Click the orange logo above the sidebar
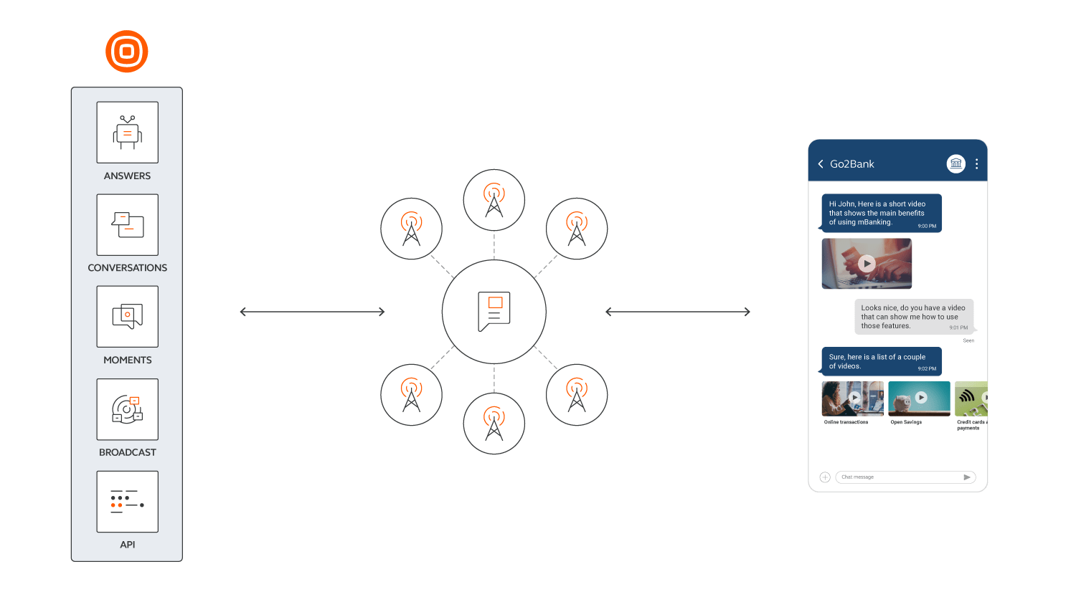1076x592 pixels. click(127, 52)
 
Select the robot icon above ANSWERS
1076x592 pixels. click(128, 133)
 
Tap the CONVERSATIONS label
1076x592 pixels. click(128, 268)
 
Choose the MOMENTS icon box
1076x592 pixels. click(128, 317)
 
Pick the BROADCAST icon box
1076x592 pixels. click(128, 409)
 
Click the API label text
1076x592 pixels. click(128, 545)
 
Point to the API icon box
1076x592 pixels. click(128, 502)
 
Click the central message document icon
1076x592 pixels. click(494, 312)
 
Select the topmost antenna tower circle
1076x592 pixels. click(494, 200)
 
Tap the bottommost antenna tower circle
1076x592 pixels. click(494, 424)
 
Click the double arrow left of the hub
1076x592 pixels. click(312, 312)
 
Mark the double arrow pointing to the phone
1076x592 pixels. click(678, 312)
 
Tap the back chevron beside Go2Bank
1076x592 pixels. click(821, 164)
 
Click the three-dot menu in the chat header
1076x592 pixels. click(976, 164)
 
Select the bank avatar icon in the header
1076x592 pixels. click(955, 164)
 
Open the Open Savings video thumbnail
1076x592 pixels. click(919, 398)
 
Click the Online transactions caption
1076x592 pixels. click(846, 422)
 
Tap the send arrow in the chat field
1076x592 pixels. click(966, 477)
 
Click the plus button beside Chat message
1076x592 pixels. click(825, 477)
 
